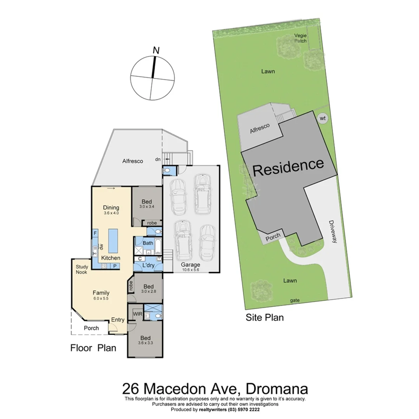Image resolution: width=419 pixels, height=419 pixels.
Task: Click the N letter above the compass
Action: (156, 50)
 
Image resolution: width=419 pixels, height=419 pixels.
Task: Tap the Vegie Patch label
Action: (300, 38)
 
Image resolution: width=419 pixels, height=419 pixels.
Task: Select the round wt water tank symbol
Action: (322, 118)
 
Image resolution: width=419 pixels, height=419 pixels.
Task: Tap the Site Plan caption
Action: (265, 318)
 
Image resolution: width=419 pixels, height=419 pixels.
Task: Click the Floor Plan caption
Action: (93, 348)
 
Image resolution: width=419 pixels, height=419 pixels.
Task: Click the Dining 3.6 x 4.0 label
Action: (111, 210)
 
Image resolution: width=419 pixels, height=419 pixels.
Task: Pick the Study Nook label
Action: (82, 269)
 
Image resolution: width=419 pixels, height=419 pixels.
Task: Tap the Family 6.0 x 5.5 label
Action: (101, 295)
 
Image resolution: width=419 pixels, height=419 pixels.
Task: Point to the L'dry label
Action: (149, 266)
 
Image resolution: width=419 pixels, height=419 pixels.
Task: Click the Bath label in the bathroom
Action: (148, 243)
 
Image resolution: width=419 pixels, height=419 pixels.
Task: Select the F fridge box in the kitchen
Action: (95, 234)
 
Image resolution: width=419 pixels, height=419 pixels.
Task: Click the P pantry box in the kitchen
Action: (115, 266)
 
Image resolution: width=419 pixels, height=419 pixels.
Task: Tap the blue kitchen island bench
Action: (113, 241)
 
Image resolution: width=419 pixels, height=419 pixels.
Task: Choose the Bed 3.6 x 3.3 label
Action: (146, 340)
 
